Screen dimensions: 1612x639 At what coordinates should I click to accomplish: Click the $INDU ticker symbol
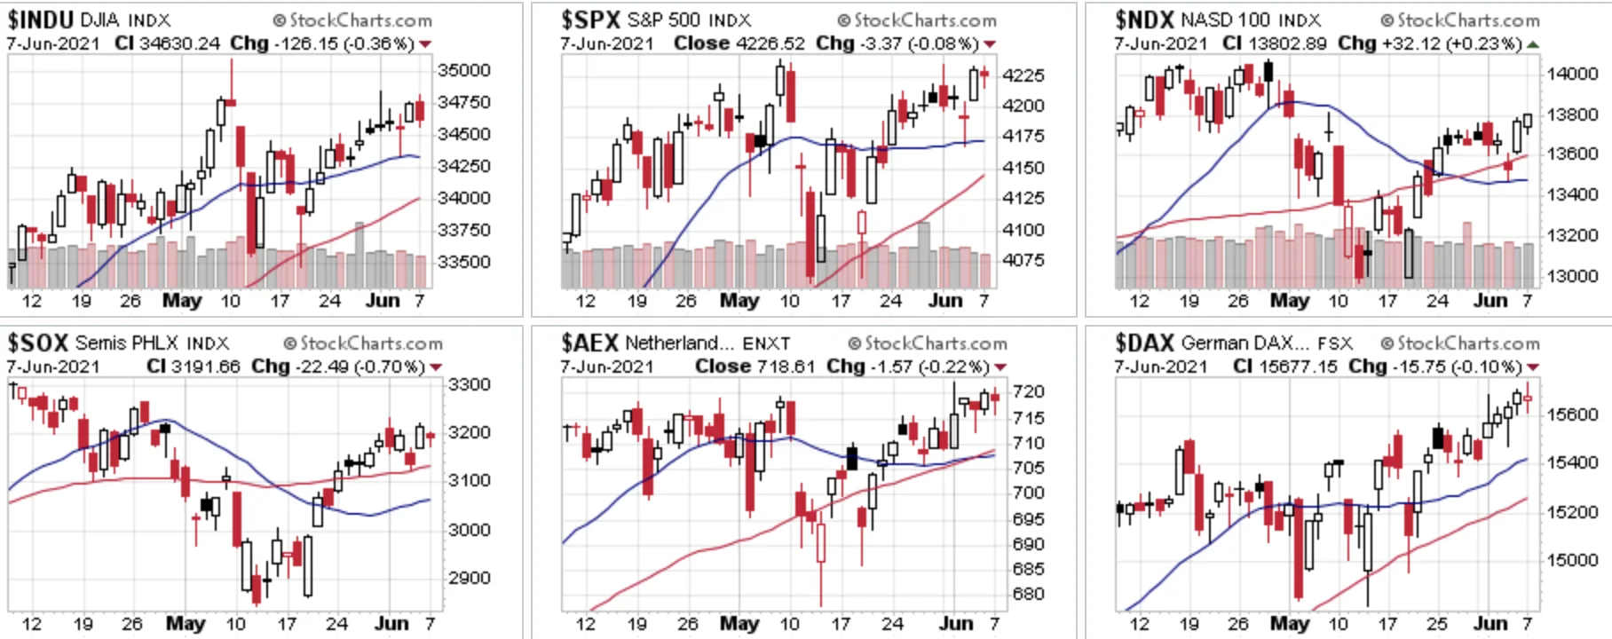click(40, 20)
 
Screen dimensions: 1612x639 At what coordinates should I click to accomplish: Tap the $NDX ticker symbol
click(1145, 20)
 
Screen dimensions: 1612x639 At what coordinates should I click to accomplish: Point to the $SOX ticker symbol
click(37, 343)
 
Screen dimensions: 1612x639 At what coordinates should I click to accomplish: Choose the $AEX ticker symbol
click(590, 343)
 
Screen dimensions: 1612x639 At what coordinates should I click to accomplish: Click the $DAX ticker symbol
click(1145, 343)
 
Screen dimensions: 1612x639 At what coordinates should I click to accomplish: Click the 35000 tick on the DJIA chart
click(464, 70)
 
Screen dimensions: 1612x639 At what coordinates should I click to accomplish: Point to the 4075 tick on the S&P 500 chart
click(1023, 260)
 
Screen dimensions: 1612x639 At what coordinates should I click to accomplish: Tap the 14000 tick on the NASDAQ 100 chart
click(1573, 74)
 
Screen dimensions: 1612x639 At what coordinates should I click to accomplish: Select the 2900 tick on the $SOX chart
click(470, 578)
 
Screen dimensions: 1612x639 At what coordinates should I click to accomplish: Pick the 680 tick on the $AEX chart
click(1029, 594)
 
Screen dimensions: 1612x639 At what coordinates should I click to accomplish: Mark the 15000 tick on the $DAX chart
click(1573, 560)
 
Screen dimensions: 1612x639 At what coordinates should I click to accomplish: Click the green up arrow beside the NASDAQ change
click(1533, 44)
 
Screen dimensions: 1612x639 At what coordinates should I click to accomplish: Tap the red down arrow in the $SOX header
click(436, 367)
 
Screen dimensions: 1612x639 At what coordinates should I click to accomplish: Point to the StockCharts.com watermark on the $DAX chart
click(1460, 343)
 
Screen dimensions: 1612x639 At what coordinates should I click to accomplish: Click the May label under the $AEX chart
click(739, 623)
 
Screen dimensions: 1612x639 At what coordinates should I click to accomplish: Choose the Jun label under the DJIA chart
click(383, 300)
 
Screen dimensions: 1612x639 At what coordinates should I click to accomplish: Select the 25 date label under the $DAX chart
click(1437, 623)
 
